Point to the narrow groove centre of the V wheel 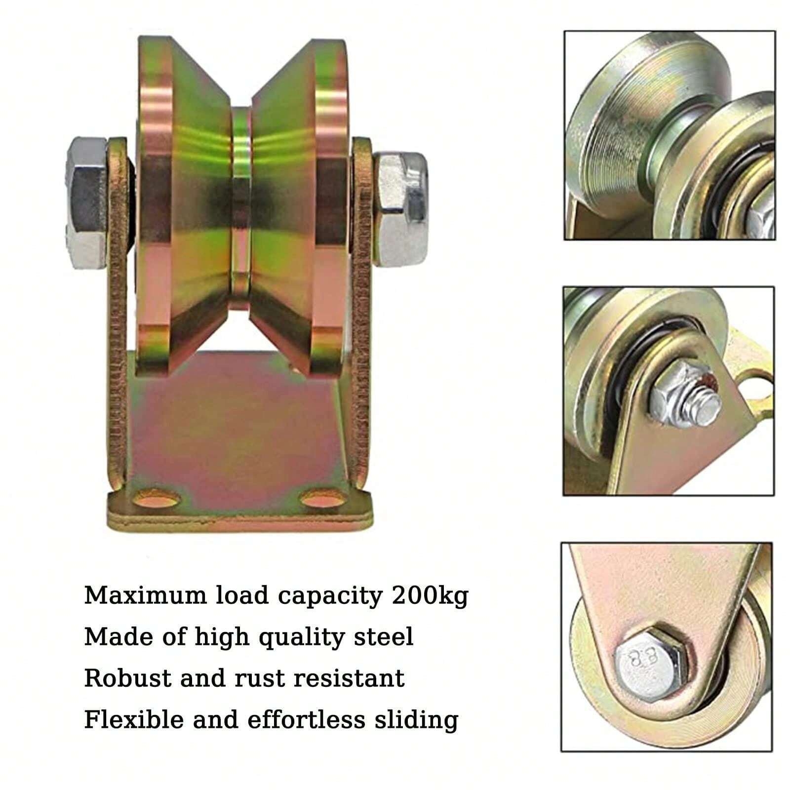[x=242, y=207]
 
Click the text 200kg [x=430, y=596]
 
